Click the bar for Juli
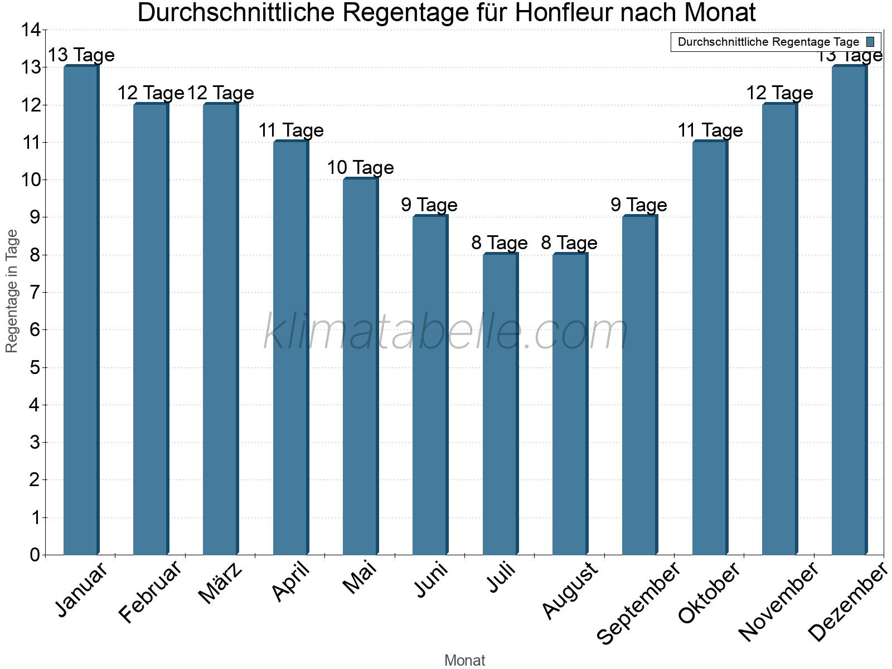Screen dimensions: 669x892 click(x=500, y=404)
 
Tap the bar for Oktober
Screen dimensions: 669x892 click(x=710, y=348)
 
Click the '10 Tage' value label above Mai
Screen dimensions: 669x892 click(x=360, y=167)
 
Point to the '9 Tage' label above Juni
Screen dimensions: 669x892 click(x=429, y=205)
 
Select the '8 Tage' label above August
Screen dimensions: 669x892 click(x=569, y=243)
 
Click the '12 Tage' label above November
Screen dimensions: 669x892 click(x=779, y=93)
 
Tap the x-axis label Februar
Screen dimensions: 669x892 click(x=151, y=592)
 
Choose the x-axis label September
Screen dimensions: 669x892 click(x=639, y=603)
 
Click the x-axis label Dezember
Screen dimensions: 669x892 click(x=848, y=602)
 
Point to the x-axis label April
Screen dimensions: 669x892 click(x=291, y=581)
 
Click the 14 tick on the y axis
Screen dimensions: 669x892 click(x=31, y=30)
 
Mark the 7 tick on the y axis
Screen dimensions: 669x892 click(x=35, y=293)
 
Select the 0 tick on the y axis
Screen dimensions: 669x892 click(x=35, y=555)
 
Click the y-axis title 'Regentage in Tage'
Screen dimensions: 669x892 click(x=12, y=291)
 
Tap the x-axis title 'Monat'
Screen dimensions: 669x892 click(x=464, y=661)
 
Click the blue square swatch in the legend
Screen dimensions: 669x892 click(x=870, y=42)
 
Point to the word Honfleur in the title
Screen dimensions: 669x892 click(x=566, y=12)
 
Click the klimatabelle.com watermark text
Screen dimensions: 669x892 click(x=446, y=332)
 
